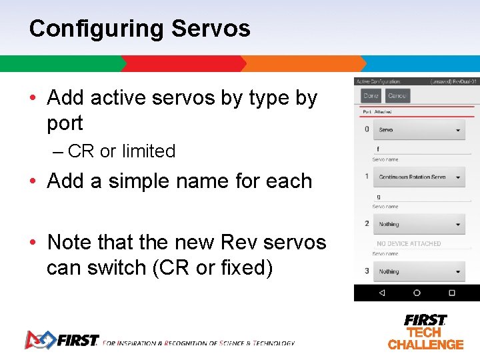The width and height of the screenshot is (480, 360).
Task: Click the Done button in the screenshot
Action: tap(371, 96)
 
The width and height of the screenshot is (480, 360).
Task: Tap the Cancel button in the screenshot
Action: tap(397, 96)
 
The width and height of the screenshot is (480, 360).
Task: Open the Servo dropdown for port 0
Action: tap(419, 130)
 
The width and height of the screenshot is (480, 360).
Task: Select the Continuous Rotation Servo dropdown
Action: tap(419, 177)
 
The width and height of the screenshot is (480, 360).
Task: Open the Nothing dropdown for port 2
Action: tap(419, 225)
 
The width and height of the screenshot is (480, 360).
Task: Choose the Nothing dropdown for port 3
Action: tap(419, 272)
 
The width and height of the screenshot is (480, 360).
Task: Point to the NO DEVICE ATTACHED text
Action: tap(409, 244)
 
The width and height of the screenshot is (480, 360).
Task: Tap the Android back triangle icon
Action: tap(381, 293)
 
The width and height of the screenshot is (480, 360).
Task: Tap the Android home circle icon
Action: tap(417, 293)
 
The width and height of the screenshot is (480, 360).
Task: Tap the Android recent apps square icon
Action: tap(451, 293)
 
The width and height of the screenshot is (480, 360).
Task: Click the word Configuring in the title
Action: tap(96, 29)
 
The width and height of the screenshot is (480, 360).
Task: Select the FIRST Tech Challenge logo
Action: tap(425, 331)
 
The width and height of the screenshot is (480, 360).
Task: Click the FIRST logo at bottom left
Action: tap(61, 340)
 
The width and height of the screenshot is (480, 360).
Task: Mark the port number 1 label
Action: tap(367, 177)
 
